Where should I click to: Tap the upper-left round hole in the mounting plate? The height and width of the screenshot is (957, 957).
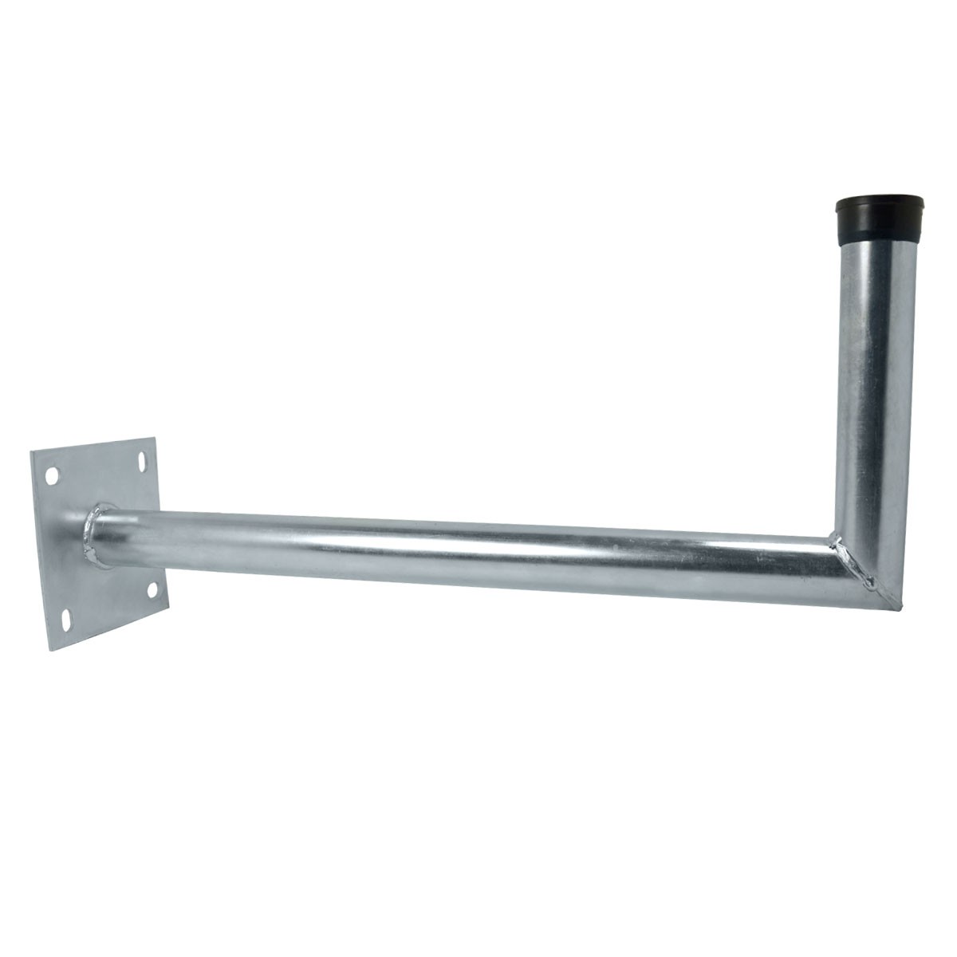point(52,475)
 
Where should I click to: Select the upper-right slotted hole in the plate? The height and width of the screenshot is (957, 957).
point(143,462)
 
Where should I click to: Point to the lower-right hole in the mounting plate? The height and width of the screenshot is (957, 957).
point(153,591)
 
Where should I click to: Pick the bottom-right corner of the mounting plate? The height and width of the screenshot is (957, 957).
point(168,612)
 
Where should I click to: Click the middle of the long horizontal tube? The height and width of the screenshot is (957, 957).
point(463,550)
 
